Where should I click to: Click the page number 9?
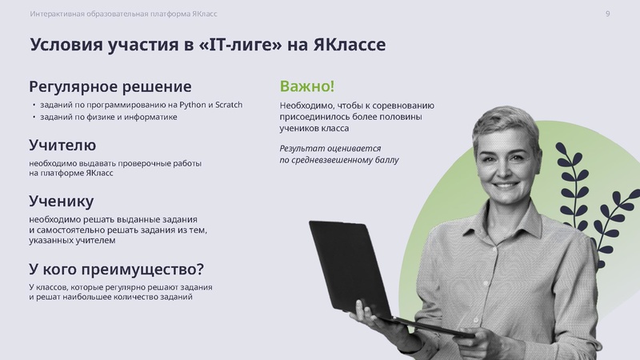coord(608,14)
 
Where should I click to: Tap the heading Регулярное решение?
coord(110,86)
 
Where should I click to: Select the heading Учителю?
coord(62,146)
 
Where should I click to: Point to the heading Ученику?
coord(62,201)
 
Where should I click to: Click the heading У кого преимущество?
coord(117,268)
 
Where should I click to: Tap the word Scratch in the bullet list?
coord(229,105)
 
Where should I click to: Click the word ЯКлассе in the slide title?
coord(349,46)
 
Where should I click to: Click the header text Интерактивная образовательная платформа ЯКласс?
coord(123,14)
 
